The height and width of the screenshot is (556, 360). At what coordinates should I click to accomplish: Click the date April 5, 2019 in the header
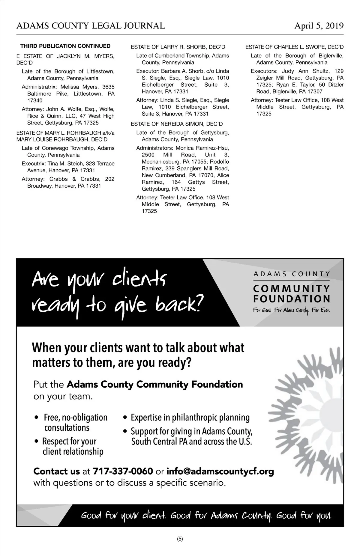[x=319, y=26]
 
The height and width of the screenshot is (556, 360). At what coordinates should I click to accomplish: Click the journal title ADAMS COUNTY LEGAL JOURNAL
[x=91, y=26]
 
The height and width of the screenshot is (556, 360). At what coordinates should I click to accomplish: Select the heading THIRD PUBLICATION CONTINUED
[x=65, y=46]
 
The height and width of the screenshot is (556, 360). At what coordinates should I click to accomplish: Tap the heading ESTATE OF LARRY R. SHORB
[x=178, y=47]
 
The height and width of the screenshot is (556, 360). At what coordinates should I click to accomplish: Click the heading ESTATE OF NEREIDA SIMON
[x=177, y=124]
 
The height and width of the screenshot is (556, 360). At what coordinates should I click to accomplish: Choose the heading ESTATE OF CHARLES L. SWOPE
[x=294, y=47]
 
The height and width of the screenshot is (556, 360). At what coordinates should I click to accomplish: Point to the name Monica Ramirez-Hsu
[x=202, y=148]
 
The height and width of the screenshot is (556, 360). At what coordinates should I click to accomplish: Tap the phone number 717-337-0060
[x=123, y=471]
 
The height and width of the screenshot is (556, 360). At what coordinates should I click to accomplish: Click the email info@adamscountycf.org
[x=220, y=471]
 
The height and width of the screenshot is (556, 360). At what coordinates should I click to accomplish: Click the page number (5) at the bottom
[x=180, y=539]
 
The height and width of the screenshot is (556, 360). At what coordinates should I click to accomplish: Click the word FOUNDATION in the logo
[x=292, y=299]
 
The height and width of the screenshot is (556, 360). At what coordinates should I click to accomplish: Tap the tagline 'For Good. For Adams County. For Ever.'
[x=292, y=310]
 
